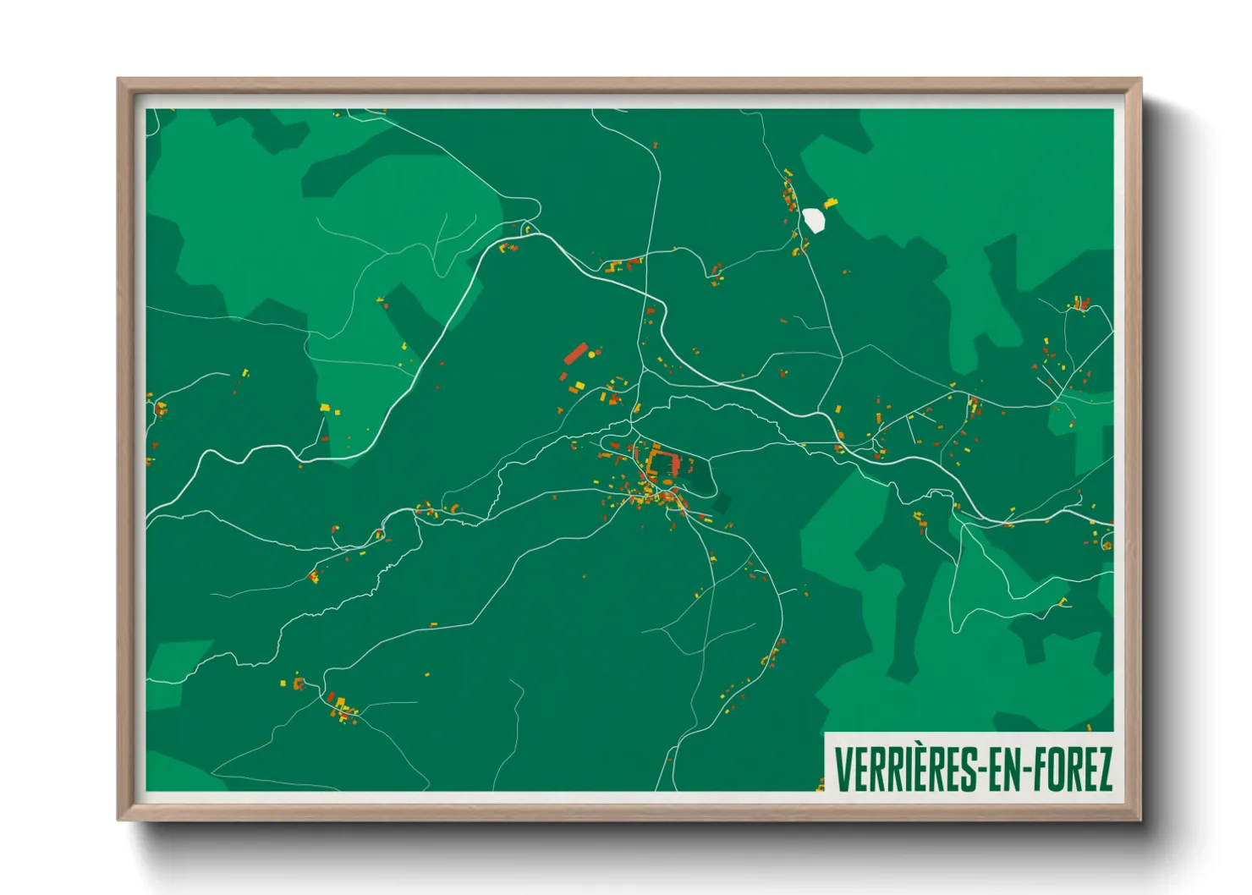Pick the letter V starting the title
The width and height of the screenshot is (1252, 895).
click(x=843, y=769)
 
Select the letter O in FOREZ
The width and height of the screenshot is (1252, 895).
click(x=1057, y=769)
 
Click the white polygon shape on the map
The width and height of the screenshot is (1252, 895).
click(x=813, y=220)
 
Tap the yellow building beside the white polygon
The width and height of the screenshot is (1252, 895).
click(x=831, y=203)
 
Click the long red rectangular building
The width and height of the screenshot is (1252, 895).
click(x=575, y=353)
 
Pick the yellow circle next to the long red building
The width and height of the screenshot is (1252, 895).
click(x=591, y=355)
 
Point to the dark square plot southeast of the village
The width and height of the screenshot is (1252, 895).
click(x=721, y=504)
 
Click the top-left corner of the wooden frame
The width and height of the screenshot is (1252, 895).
click(x=118, y=80)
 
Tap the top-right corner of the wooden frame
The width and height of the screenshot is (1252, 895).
click(x=1140, y=80)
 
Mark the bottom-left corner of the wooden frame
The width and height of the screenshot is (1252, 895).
click(x=118, y=819)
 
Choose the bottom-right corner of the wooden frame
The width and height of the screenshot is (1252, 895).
click(x=1140, y=819)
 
